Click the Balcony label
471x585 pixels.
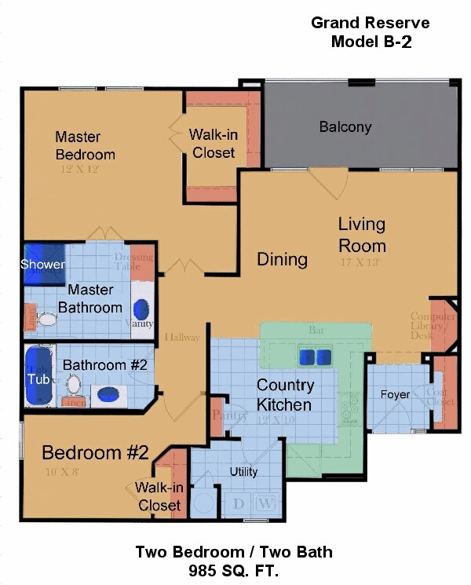[x=345, y=126]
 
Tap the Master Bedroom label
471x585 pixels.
[x=85, y=145]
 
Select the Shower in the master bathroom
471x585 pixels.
[x=43, y=264]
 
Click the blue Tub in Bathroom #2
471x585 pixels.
[x=38, y=378]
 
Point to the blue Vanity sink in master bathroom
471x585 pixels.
[x=142, y=308]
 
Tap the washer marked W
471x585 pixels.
[x=265, y=503]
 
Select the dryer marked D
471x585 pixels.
[x=238, y=503]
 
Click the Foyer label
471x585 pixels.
[x=395, y=394]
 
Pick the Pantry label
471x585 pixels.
[x=225, y=417]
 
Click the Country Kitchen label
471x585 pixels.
[x=285, y=395]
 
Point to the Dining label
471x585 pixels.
[x=282, y=259]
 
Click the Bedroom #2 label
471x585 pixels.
[x=95, y=452]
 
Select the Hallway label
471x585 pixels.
[x=182, y=337]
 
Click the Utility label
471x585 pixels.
[x=243, y=472]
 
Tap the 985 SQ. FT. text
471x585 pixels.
[x=233, y=570]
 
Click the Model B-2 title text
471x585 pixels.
[x=371, y=42]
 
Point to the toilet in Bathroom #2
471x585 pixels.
[x=73, y=385]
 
